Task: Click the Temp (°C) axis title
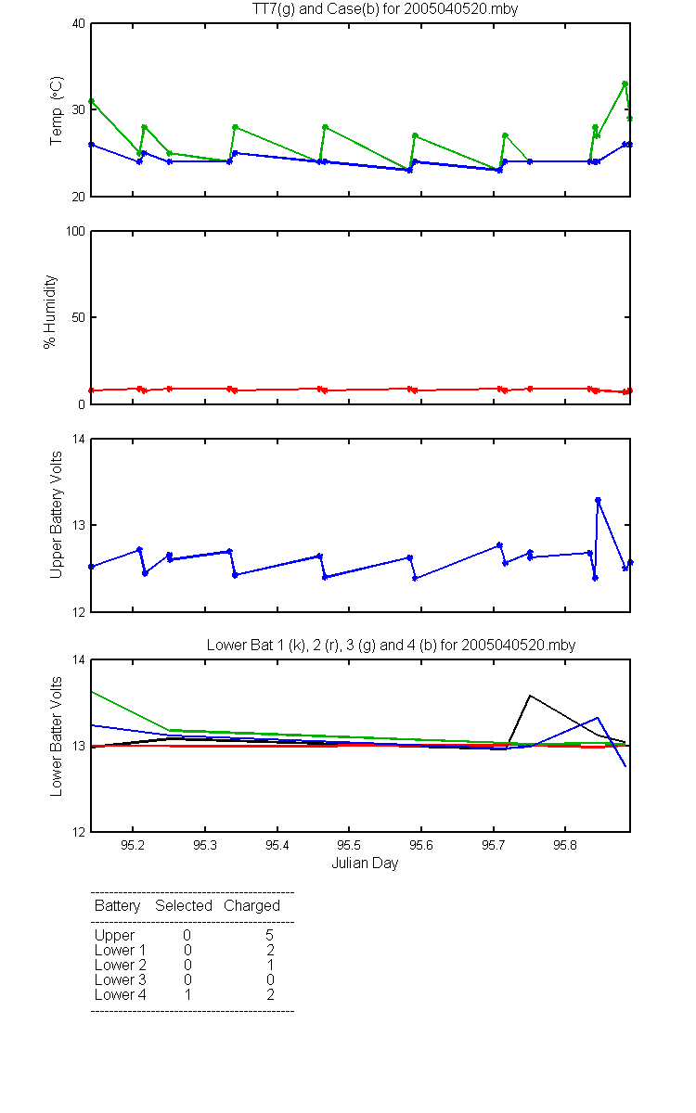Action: coord(57,110)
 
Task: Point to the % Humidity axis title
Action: coord(50,312)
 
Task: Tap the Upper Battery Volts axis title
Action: coord(57,515)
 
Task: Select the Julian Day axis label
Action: coord(365,864)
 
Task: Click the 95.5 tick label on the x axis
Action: coord(349,845)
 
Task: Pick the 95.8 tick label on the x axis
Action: coord(565,845)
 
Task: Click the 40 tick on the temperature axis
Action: coord(79,24)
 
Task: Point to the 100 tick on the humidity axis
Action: coord(75,232)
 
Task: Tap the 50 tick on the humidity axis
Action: coord(79,317)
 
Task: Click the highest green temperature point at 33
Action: coord(625,84)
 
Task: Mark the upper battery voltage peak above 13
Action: coord(598,500)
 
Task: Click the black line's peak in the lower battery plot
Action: coord(530,696)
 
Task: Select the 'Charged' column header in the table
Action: coord(251,906)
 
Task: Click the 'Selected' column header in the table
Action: coord(184,905)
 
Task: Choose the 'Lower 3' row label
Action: coord(121,979)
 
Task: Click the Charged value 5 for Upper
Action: coord(269,935)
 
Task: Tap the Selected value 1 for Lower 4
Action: coord(187,994)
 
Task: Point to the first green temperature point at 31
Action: coord(91,101)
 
